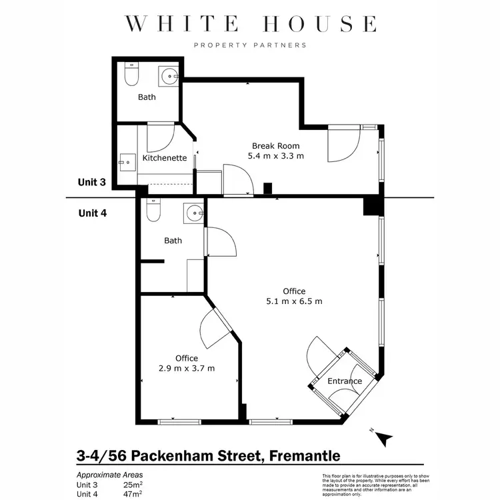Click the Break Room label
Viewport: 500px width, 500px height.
(275, 146)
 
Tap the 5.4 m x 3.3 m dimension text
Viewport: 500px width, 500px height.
(275, 157)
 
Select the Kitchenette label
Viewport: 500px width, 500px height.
(165, 159)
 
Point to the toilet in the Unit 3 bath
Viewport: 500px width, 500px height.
(131, 76)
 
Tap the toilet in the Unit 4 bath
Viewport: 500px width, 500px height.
(153, 211)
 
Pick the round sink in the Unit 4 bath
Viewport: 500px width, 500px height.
(194, 213)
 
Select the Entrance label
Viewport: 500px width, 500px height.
(345, 381)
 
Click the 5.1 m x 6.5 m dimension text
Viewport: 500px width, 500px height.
(294, 301)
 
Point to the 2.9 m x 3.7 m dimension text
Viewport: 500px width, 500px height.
(187, 368)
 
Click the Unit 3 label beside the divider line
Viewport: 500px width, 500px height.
(92, 183)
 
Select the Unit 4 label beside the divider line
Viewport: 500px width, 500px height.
(92, 214)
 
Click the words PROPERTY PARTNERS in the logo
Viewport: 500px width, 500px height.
(250, 45)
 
